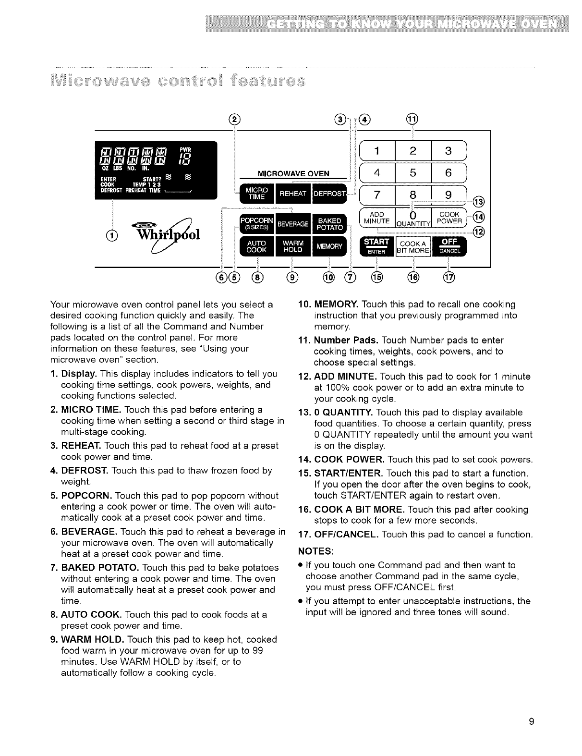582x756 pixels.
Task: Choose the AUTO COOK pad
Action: [253, 246]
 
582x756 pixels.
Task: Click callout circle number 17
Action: [451, 278]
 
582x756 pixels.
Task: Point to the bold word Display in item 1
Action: [78, 373]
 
